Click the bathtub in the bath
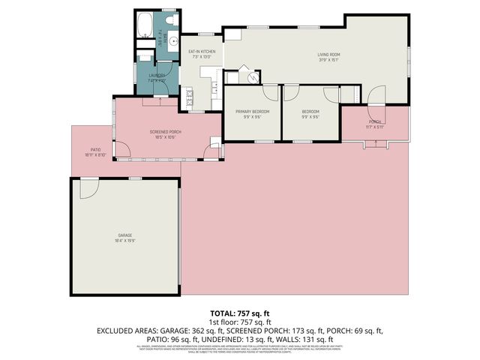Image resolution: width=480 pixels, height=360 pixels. (145, 25)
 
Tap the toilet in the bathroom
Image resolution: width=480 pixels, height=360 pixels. (169, 19)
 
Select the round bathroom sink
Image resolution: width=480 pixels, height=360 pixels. (171, 42)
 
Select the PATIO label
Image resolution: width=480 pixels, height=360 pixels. (96, 150)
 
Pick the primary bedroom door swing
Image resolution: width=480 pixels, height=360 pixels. (268, 94)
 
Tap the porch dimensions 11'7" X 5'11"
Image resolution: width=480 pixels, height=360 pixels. (376, 127)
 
